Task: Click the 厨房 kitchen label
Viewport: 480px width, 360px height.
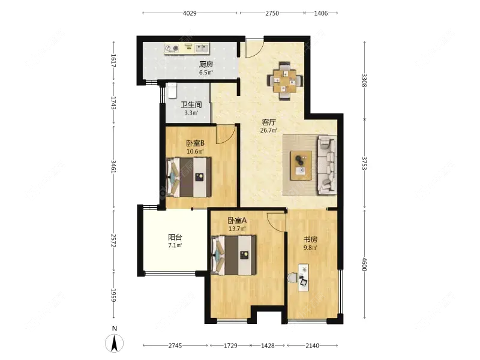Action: tap(206, 64)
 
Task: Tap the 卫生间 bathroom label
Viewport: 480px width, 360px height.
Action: tap(191, 104)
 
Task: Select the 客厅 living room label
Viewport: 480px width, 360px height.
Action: tap(269, 122)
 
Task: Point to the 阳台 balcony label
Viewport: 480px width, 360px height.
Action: tap(175, 237)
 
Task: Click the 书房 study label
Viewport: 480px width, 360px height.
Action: tap(310, 239)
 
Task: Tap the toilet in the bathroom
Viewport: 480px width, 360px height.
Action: tap(172, 91)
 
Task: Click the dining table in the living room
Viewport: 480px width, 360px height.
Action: tap(285, 81)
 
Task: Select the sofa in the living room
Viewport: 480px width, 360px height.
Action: tap(327, 166)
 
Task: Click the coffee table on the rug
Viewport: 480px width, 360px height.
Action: tap(301, 166)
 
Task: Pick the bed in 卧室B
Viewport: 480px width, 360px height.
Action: tap(188, 177)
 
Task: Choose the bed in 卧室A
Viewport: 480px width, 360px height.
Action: tap(233, 255)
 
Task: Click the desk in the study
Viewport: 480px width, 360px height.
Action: tap(303, 277)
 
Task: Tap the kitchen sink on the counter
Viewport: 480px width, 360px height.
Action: tap(202, 48)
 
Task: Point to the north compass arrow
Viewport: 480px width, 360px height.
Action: tap(115, 343)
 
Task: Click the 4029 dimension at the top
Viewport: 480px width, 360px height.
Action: tap(190, 13)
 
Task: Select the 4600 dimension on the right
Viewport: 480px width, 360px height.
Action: tap(364, 264)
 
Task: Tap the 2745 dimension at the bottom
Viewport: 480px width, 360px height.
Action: tap(175, 346)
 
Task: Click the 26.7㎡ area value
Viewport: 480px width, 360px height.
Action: tap(269, 130)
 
